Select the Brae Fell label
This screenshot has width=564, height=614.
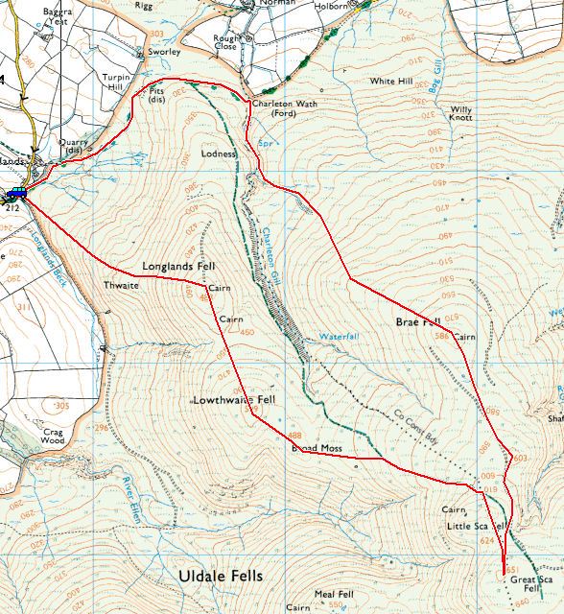417,322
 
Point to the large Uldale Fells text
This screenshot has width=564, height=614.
220,576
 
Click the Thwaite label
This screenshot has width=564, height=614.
121,285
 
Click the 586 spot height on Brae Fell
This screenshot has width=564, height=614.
441,336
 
